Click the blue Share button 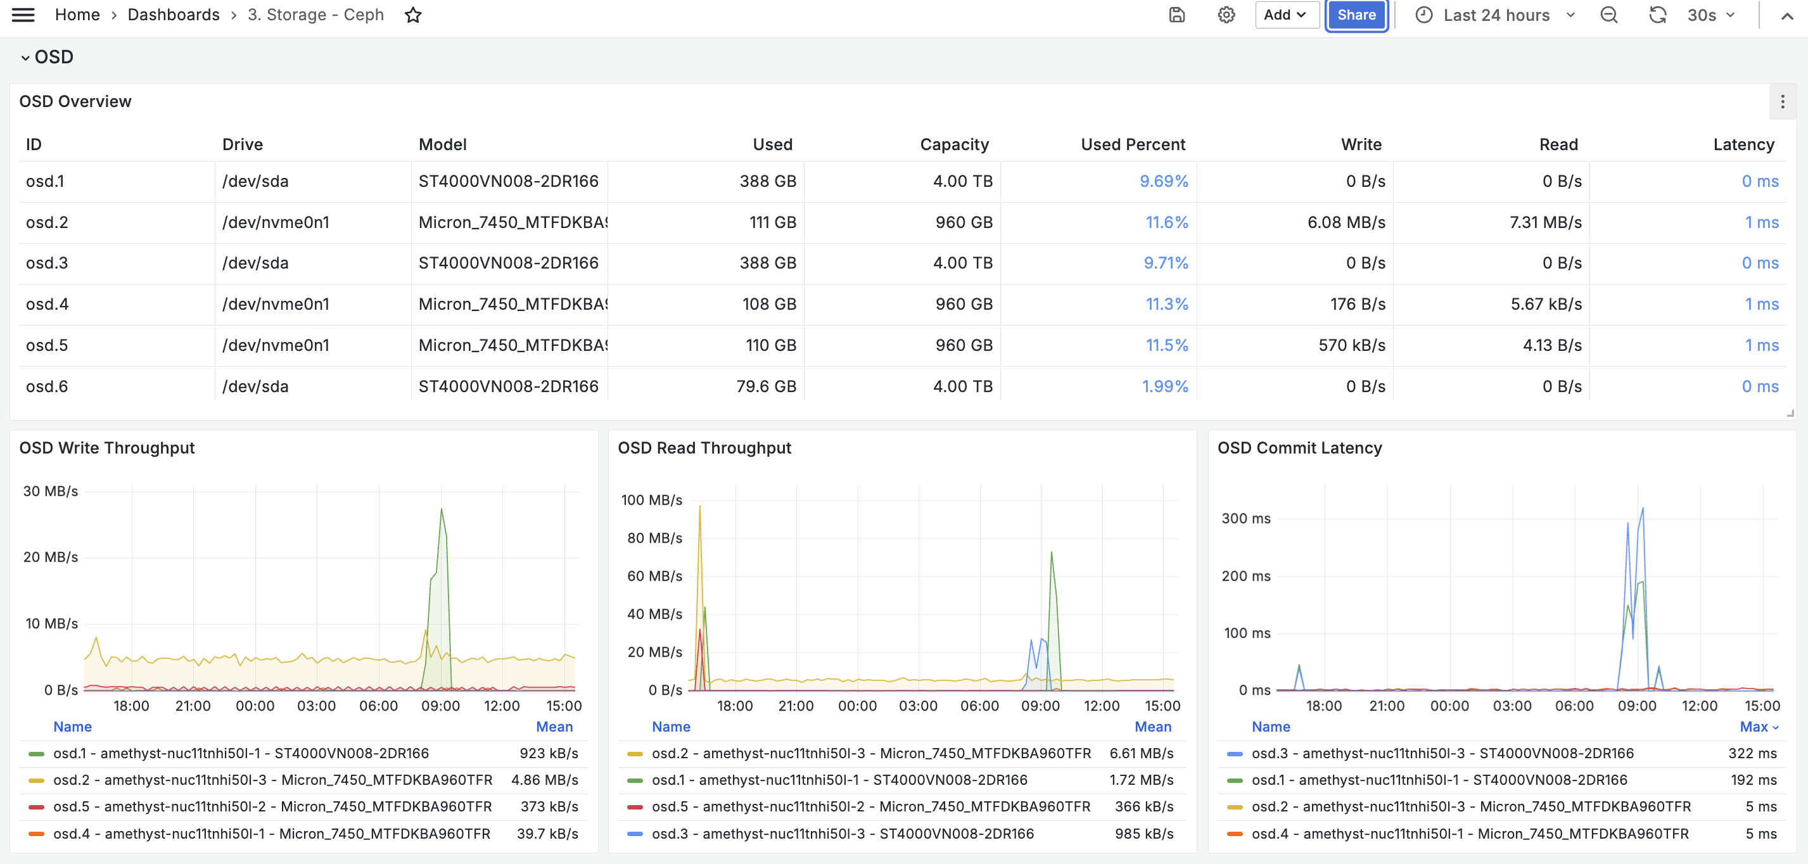pos(1356,15)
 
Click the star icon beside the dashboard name pos(412,15)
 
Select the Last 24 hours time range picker pos(1495,15)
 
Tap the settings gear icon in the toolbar pos(1226,15)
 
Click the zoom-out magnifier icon pos(1608,15)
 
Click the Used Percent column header pos(1133,144)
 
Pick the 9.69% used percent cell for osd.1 pos(1164,181)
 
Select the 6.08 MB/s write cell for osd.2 pos(1346,222)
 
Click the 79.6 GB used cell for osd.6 pos(766,387)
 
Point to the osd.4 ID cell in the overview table pos(47,305)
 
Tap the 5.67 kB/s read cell pos(1546,305)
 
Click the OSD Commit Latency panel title pos(1299,448)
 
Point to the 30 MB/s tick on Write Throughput pos(51,492)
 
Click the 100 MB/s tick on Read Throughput pos(651,500)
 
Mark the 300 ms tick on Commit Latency pos(1246,519)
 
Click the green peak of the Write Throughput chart pos(442,509)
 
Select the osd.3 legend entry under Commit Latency pos(1442,754)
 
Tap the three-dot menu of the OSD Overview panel pos(1782,103)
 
